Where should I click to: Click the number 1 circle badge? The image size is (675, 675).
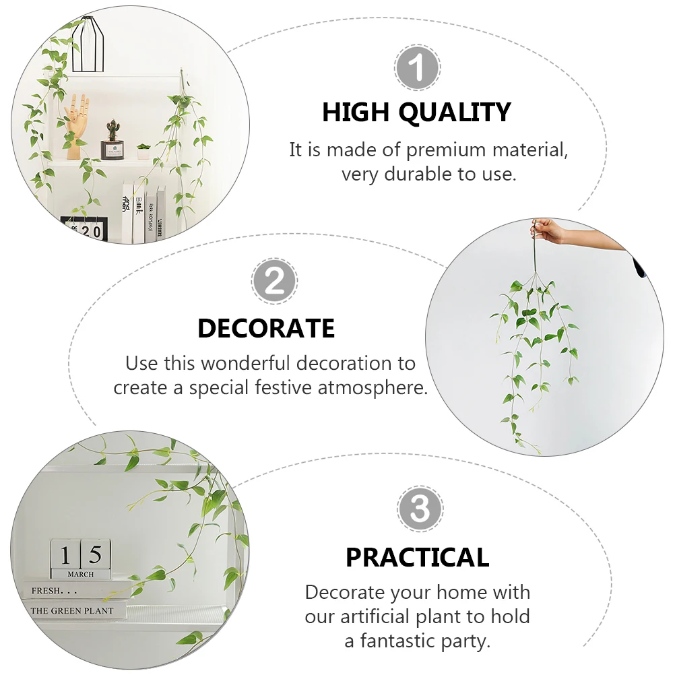(x=418, y=68)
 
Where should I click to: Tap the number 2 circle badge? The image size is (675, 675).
(x=274, y=282)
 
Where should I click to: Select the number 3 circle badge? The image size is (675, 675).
(x=420, y=510)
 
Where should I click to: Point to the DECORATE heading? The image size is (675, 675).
(x=266, y=328)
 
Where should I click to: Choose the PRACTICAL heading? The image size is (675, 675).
(x=417, y=557)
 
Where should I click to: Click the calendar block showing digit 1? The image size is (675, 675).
(x=65, y=554)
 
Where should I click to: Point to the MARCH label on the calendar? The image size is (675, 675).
(x=81, y=575)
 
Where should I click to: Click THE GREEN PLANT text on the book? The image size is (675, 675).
(x=72, y=610)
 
